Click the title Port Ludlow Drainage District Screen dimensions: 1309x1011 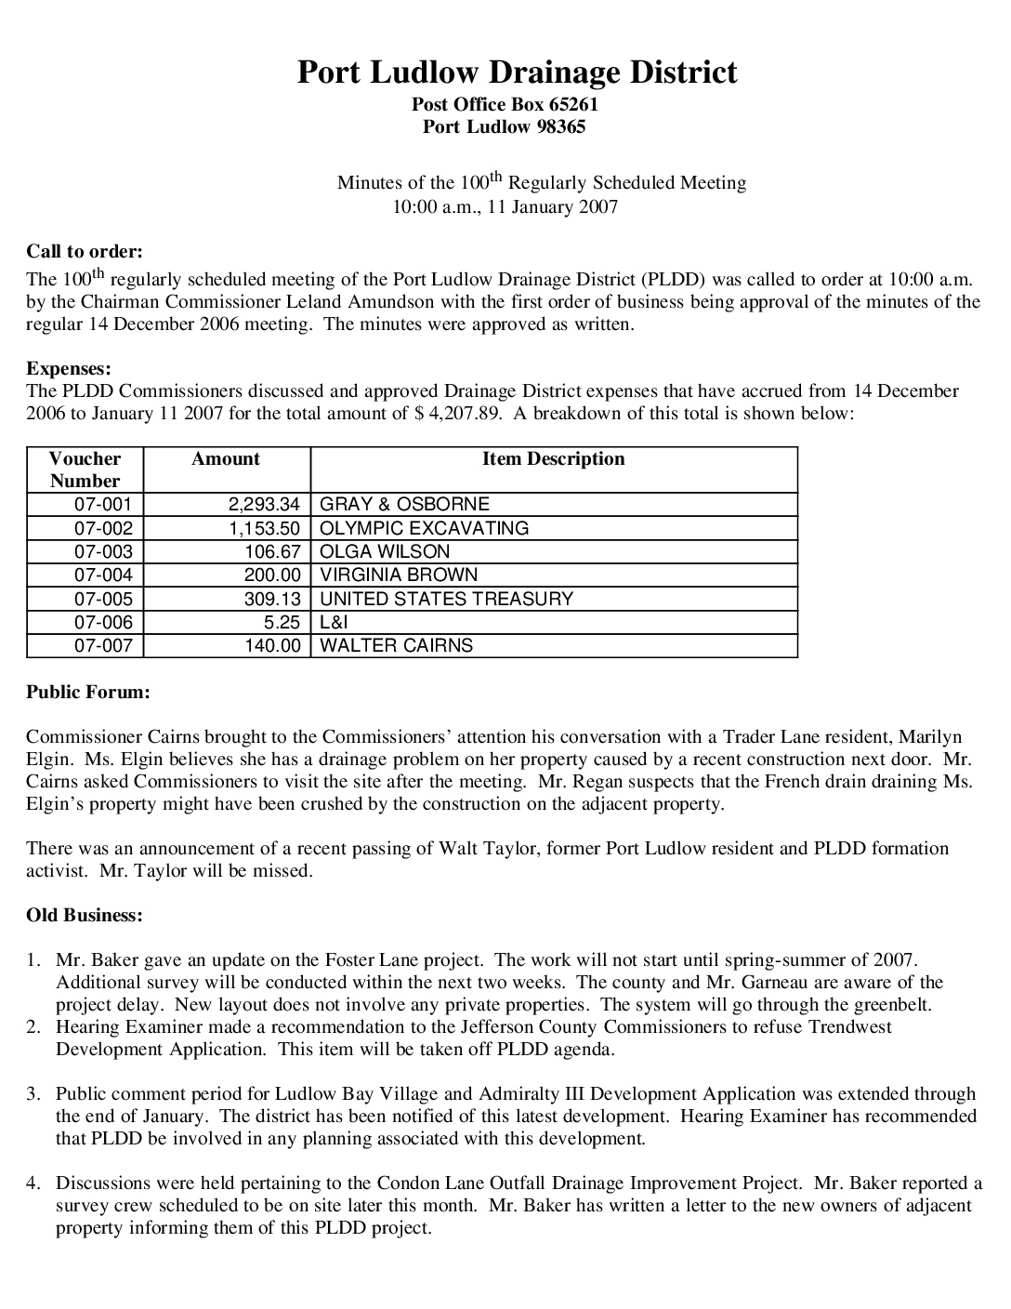517,73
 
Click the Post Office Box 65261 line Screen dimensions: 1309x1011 505,105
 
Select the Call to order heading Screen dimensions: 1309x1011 85,251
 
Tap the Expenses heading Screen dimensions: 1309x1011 69,369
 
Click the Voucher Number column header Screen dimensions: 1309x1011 85,469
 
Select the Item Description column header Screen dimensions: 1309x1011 553,459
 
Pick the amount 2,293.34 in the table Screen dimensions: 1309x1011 264,505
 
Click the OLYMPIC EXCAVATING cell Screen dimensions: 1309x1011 424,528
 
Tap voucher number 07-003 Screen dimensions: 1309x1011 103,551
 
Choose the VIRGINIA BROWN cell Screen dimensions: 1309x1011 399,575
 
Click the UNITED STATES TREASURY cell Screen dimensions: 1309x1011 446,599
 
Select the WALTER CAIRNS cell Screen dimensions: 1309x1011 396,646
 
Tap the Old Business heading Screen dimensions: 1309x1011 85,916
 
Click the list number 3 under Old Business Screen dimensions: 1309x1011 33,1094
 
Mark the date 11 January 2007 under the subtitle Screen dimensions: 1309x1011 552,207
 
